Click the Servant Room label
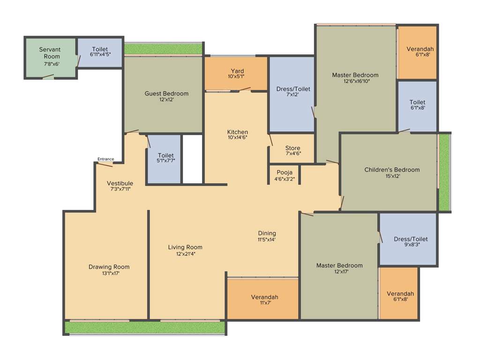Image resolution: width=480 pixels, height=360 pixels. click(x=49, y=52)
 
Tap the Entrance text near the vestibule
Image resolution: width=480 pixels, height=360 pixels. click(x=105, y=159)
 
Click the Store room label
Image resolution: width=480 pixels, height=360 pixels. click(x=293, y=148)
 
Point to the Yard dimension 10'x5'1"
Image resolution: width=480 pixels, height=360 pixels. click(x=236, y=76)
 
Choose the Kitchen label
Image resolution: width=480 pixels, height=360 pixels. click(x=237, y=132)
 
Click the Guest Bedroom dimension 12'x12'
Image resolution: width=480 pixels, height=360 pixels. click(x=166, y=99)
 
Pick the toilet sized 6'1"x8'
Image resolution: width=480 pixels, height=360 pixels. click(x=417, y=105)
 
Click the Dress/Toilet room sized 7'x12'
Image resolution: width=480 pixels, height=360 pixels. click(x=293, y=91)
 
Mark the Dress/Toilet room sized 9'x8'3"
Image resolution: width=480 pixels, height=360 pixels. click(x=411, y=242)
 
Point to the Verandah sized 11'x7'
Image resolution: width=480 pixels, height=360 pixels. click(x=264, y=300)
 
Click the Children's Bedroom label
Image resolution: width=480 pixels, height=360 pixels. click(x=392, y=170)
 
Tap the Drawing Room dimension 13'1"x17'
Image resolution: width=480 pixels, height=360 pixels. click(x=109, y=273)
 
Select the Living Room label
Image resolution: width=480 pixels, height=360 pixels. click(x=185, y=247)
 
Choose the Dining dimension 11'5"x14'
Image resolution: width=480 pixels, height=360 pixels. click(x=266, y=240)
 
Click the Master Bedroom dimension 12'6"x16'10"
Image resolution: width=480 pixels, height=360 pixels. click(x=355, y=81)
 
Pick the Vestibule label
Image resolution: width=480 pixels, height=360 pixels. click(x=120, y=183)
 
